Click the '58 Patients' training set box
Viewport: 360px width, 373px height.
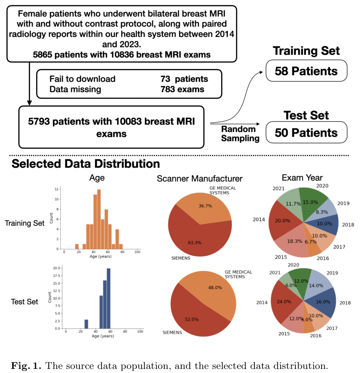[x=306, y=71]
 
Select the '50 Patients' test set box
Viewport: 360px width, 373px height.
[x=306, y=132]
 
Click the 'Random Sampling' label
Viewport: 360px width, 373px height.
[x=238, y=133]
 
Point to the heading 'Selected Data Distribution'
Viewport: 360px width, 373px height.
[x=86, y=164]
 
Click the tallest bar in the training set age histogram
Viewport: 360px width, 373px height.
[x=99, y=219]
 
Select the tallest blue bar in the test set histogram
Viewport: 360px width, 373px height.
[x=109, y=298]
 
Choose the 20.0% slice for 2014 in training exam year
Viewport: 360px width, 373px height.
[x=282, y=221]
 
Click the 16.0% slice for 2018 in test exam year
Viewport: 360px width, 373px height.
[x=323, y=301]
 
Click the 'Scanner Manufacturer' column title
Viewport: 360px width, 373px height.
[x=199, y=179]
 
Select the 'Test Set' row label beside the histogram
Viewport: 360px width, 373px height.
[x=25, y=302]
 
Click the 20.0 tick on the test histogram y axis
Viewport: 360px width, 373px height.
[x=56, y=268]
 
